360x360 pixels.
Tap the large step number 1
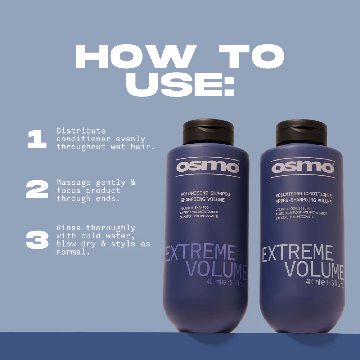pos(37,139)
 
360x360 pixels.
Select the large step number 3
pos(37,240)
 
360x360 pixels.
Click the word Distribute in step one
pos(81,131)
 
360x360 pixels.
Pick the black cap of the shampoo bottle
pos(208,132)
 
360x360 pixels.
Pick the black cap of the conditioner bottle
pos(301,132)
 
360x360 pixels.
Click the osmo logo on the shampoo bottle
pos(208,167)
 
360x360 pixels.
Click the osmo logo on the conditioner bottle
pos(303,167)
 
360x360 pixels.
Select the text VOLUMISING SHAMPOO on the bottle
pos(205,194)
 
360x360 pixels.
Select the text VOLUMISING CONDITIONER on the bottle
pos(303,195)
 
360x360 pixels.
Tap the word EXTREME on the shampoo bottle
pos(201,253)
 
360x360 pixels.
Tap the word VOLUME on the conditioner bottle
pos(314,270)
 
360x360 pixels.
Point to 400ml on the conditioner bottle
pos(312,282)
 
